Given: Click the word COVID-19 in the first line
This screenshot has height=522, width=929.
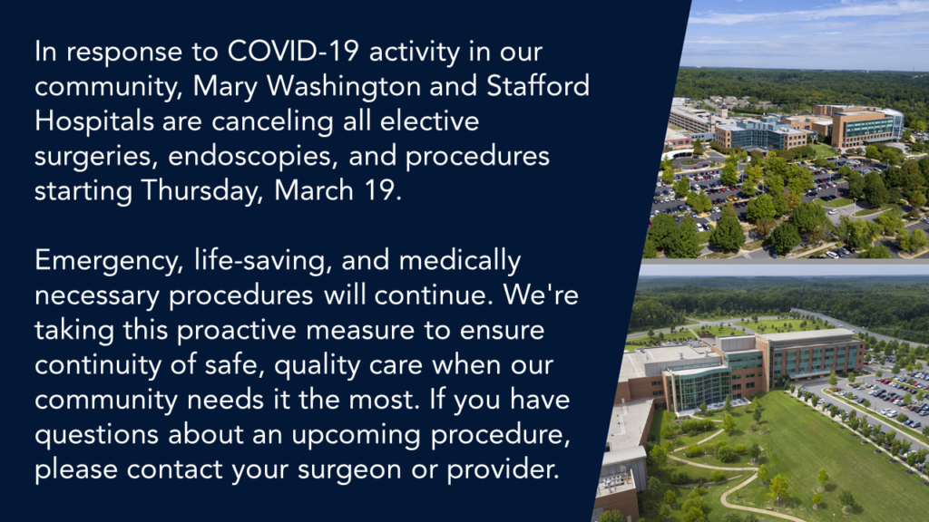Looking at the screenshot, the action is coord(293,52).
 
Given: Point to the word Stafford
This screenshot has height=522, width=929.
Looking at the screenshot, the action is coord(538,86).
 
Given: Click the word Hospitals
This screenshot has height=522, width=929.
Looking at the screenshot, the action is coord(94,122).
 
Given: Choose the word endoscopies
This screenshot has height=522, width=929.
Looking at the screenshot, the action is coord(253,157).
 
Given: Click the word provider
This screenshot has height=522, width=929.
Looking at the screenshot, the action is coord(503,470).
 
